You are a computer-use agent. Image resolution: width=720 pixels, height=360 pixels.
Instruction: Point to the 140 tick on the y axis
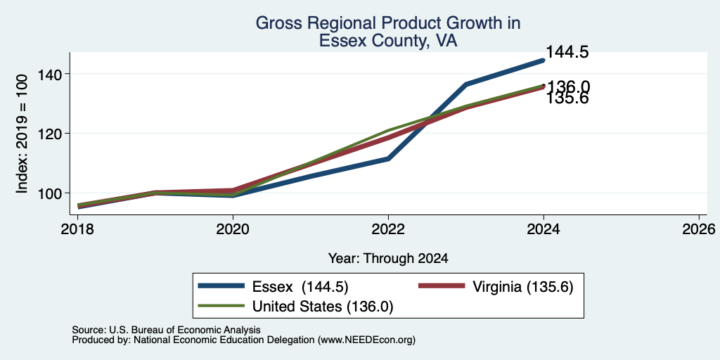[x=49, y=73]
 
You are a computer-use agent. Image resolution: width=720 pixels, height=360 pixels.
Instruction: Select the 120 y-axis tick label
[x=49, y=133]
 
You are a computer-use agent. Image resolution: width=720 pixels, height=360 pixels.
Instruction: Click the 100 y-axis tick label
[x=49, y=193]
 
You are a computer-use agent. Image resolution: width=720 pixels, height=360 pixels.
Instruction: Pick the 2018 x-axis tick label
[x=77, y=229]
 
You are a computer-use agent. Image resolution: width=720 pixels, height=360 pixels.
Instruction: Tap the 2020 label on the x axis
[x=233, y=229]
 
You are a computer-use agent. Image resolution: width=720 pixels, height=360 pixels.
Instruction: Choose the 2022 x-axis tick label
[x=388, y=229]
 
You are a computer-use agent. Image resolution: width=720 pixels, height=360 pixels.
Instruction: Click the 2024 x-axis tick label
[x=544, y=229]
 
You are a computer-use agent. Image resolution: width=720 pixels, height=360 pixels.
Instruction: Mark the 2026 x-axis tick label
[x=699, y=229]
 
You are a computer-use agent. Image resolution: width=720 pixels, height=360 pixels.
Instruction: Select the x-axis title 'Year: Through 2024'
[x=388, y=259]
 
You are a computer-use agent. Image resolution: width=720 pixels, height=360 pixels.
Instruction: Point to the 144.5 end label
[x=567, y=52]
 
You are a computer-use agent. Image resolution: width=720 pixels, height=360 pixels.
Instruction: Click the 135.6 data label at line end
[x=567, y=98]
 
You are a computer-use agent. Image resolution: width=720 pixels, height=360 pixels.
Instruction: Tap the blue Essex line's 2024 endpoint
[x=544, y=60]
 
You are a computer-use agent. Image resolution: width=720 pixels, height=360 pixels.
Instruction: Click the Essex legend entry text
[x=300, y=287]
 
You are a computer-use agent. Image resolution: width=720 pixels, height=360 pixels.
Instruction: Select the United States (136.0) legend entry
[x=323, y=307]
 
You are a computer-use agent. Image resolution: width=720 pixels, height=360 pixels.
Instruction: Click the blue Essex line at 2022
[x=388, y=158]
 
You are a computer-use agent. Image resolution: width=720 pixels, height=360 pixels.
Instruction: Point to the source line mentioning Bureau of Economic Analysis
[x=166, y=330]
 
